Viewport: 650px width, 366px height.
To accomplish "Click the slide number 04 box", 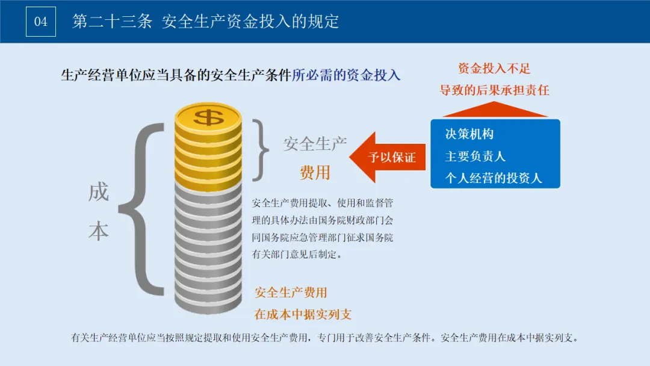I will (40, 22).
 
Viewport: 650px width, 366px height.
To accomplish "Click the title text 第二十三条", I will (112, 22).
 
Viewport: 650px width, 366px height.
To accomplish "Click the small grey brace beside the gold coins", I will (259, 149).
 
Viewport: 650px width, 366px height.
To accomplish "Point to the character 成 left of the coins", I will (98, 193).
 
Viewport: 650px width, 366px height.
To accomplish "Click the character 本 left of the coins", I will (98, 232).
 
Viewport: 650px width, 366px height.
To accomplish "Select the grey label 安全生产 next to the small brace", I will (315, 144).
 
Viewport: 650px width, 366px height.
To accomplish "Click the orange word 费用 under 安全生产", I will (315, 173).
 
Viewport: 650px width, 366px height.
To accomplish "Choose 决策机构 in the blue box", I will (469, 134).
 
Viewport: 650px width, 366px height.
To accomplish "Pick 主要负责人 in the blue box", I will (475, 157).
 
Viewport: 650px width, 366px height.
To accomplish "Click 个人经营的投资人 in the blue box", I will (494, 178).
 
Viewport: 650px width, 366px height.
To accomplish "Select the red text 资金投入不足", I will (494, 69).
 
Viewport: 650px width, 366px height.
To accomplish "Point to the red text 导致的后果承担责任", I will (494, 91).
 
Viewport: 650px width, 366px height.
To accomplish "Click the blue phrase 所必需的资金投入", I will (346, 75).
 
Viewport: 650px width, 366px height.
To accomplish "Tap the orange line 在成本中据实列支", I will (303, 314).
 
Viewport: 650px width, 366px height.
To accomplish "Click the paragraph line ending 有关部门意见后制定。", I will (297, 255).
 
